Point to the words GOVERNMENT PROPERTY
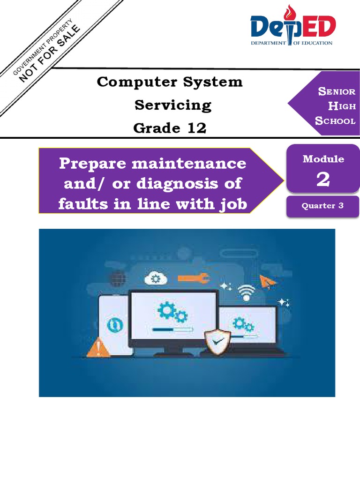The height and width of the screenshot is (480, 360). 43,47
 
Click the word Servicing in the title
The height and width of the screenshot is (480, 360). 173,105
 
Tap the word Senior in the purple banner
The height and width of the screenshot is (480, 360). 337,91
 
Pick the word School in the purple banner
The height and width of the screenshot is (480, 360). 335,121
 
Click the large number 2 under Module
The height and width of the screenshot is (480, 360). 323,180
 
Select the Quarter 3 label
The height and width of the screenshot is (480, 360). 322,206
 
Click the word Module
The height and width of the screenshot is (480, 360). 323,159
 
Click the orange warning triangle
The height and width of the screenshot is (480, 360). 99,348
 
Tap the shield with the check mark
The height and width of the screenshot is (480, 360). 217,341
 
